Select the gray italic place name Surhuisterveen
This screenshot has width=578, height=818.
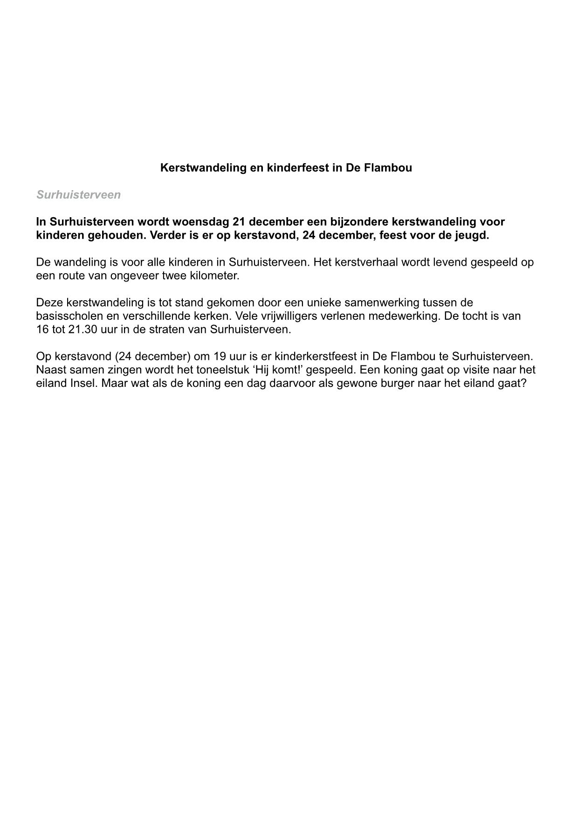tap(78, 195)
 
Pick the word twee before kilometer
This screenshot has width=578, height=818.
tap(174, 275)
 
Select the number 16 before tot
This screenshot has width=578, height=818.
tap(42, 330)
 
